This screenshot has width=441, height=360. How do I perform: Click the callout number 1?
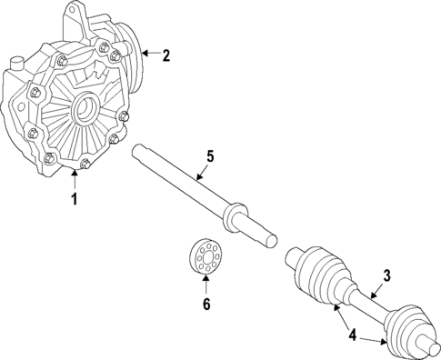point(75,197)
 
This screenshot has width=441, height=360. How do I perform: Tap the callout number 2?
point(165,55)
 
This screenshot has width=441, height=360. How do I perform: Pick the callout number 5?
point(209,157)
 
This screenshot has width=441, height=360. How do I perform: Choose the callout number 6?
point(205,305)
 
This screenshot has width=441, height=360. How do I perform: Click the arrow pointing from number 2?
point(149,55)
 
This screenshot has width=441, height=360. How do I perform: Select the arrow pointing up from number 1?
point(75,178)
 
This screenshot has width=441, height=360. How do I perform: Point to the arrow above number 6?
point(205,283)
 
